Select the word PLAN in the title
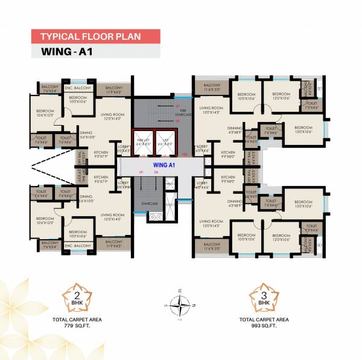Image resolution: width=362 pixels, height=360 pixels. (x=131, y=36)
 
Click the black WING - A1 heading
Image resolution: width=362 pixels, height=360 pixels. (x=66, y=51)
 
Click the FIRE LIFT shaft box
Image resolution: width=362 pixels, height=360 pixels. (x=143, y=144)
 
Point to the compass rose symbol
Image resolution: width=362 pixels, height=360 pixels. (x=181, y=305)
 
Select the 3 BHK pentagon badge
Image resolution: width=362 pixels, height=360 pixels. (x=265, y=298)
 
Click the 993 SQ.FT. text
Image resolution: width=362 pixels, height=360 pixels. (x=265, y=326)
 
